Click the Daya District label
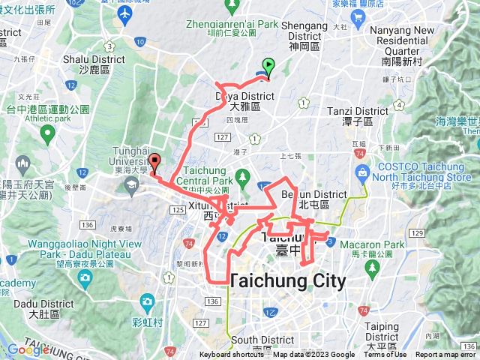point(245,101)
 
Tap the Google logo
point(28,349)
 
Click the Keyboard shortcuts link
point(232,355)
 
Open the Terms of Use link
point(385,355)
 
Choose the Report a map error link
point(446,355)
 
